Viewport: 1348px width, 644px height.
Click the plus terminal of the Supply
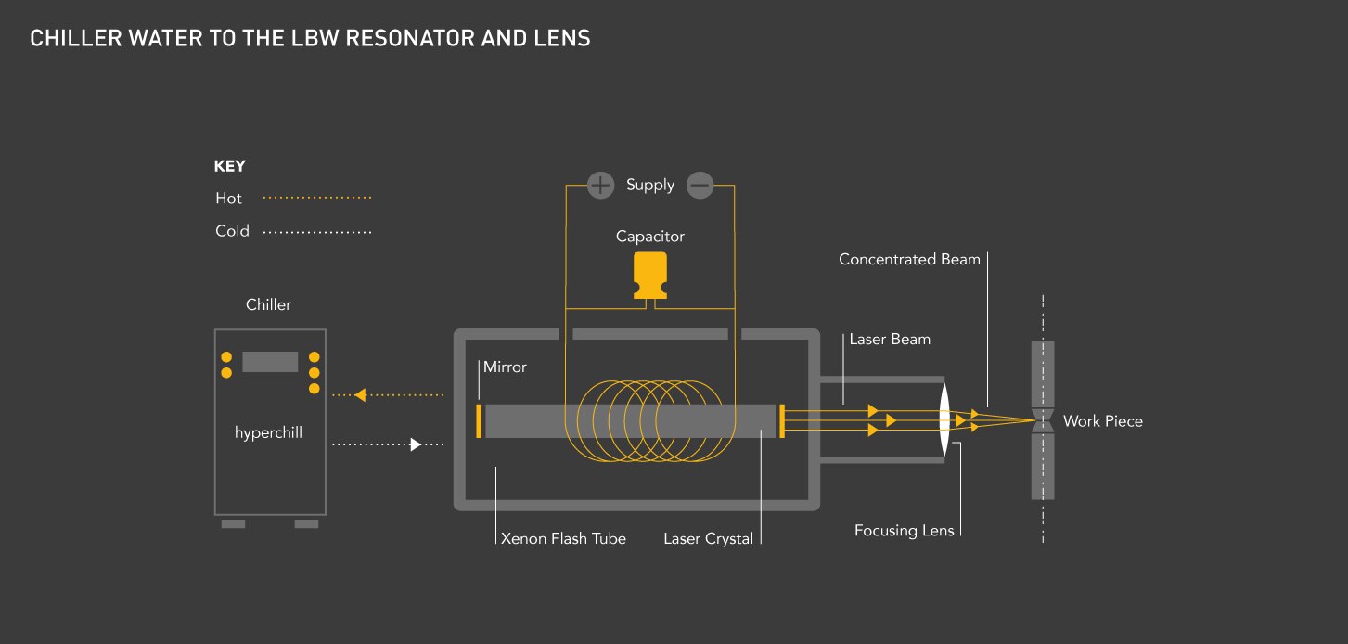[601, 186]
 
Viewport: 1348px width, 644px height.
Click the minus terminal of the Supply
[700, 186]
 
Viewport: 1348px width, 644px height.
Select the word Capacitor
[650, 237]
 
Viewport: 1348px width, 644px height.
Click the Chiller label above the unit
[268, 304]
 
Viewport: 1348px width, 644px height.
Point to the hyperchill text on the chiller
[268, 432]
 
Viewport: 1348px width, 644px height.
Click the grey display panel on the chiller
[270, 362]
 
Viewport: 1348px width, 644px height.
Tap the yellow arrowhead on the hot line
[362, 394]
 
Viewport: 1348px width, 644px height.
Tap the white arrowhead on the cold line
[417, 444]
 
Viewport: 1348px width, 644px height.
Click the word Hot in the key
[228, 199]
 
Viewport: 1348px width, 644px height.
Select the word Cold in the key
[232, 231]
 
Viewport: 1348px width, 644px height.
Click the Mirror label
[505, 367]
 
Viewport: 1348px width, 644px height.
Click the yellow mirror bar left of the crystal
[479, 420]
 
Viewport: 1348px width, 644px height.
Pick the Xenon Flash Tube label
[563, 538]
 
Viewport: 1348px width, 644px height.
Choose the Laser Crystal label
[708, 538]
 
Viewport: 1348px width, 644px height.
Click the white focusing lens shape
[944, 420]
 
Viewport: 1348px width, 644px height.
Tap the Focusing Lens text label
[904, 531]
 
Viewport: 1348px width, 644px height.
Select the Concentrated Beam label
[909, 260]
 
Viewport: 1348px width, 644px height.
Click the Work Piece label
[1102, 421]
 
